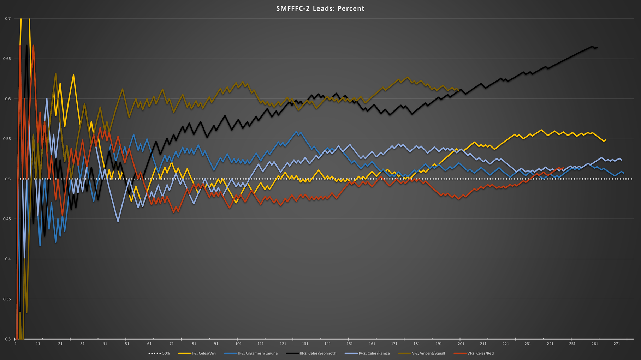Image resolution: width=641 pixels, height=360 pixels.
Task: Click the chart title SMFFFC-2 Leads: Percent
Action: pyautogui.click(x=320, y=8)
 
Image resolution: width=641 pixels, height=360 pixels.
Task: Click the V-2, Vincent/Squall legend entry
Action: pyautogui.click(x=428, y=353)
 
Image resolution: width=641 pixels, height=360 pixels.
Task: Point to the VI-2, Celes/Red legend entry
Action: pyautogui.click(x=480, y=353)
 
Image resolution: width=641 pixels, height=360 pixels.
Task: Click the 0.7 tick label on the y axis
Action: pyautogui.click(x=8, y=19)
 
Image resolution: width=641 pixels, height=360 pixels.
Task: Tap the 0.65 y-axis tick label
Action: pyautogui.click(x=8, y=59)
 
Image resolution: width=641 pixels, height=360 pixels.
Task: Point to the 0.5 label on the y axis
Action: pyautogui.click(x=8, y=179)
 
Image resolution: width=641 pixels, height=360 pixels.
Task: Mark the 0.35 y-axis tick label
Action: pyautogui.click(x=8, y=299)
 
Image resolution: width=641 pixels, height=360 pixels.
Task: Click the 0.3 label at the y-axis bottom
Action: pyautogui.click(x=8, y=339)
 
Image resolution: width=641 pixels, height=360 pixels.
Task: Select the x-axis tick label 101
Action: pyautogui.click(x=238, y=344)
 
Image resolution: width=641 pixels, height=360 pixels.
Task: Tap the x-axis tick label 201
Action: pyautogui.click(x=461, y=344)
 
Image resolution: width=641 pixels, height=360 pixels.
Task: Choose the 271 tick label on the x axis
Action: pyautogui.click(x=617, y=344)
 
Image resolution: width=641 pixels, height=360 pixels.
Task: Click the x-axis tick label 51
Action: pyautogui.click(x=127, y=344)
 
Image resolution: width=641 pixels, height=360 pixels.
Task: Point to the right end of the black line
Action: pyautogui.click(x=597, y=47)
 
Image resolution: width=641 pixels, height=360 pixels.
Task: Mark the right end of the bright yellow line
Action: pyautogui.click(x=606, y=140)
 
